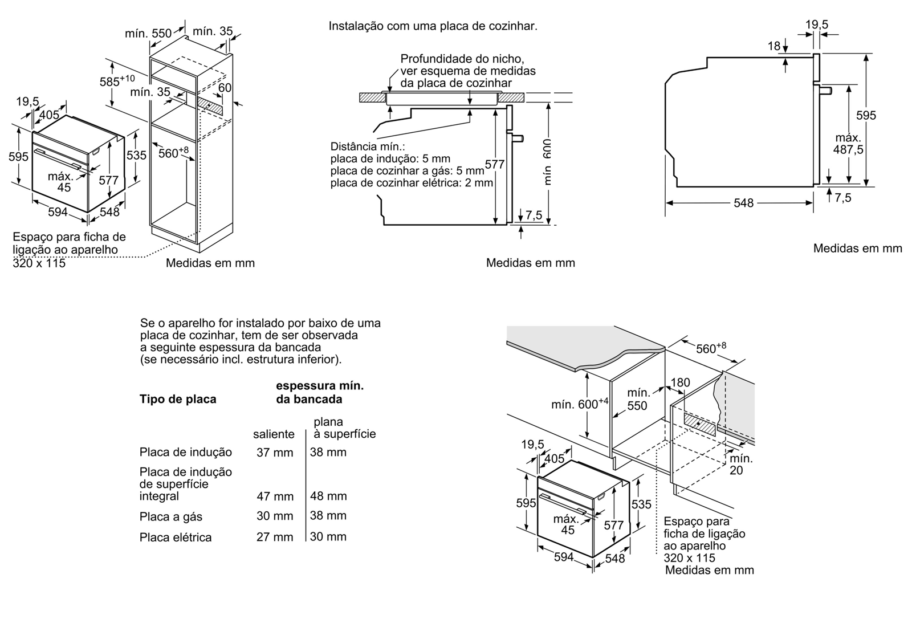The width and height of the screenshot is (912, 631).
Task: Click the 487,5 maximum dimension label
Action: click(x=848, y=144)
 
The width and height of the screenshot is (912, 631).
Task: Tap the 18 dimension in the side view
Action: click(x=773, y=46)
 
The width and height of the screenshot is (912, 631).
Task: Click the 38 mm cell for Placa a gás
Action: click(x=328, y=516)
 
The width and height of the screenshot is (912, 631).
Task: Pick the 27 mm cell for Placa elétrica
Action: click(x=275, y=537)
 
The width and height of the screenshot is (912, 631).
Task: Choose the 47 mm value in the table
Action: click(x=275, y=496)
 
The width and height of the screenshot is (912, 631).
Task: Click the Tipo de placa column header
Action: click(x=178, y=399)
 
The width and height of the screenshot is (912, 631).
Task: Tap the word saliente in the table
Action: click(x=274, y=434)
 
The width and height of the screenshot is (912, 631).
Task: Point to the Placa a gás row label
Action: click(x=171, y=517)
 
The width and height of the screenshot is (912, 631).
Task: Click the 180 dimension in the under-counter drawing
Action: click(x=680, y=382)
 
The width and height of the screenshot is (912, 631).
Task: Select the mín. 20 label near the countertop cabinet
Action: click(x=740, y=464)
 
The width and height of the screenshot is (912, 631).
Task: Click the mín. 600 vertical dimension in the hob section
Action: click(x=547, y=161)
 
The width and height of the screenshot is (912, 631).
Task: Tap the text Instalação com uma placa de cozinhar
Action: click(x=433, y=26)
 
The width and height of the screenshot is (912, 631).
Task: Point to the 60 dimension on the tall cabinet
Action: click(x=225, y=87)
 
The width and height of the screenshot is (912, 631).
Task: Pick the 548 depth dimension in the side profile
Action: click(x=743, y=203)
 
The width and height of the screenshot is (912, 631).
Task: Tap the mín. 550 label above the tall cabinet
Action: click(x=148, y=34)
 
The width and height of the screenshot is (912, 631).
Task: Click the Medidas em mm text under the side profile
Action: click(x=857, y=249)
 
